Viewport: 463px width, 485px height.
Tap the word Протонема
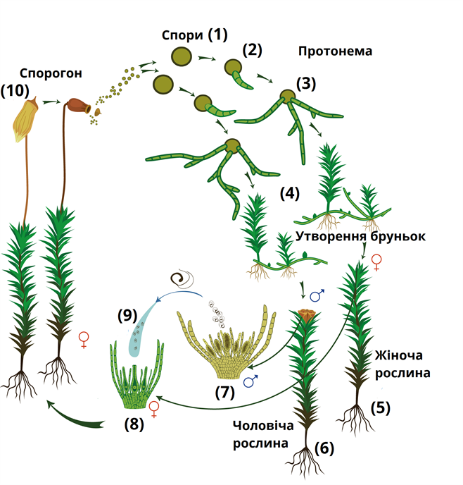pyautogui.click(x=334, y=51)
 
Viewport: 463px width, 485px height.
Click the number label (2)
pyautogui.click(x=251, y=51)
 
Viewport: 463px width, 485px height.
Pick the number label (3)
pyautogui.click(x=306, y=84)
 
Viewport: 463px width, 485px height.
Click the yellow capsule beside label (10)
pyautogui.click(x=26, y=116)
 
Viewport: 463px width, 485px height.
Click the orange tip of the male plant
pyautogui.click(x=305, y=313)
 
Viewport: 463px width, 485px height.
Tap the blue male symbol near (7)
pyautogui.click(x=250, y=381)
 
